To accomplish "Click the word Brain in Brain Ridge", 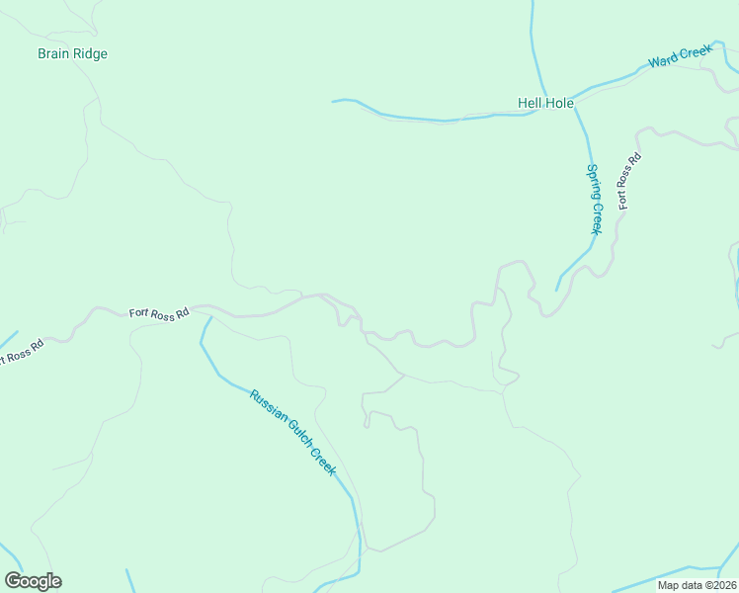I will pos(54,53).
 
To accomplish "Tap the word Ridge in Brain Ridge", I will pos(90,53).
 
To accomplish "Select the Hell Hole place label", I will pos(545,103).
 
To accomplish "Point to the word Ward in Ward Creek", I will pos(663,61).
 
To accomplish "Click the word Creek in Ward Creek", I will pos(696,52).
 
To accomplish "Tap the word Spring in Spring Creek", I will pos(593,182).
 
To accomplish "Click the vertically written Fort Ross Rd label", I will pos(629,181).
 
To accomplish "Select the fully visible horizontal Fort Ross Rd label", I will pos(159,313).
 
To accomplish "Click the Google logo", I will pos(33,581).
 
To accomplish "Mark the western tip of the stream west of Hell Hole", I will pos(333,101).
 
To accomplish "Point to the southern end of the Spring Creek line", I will pos(557,291).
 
